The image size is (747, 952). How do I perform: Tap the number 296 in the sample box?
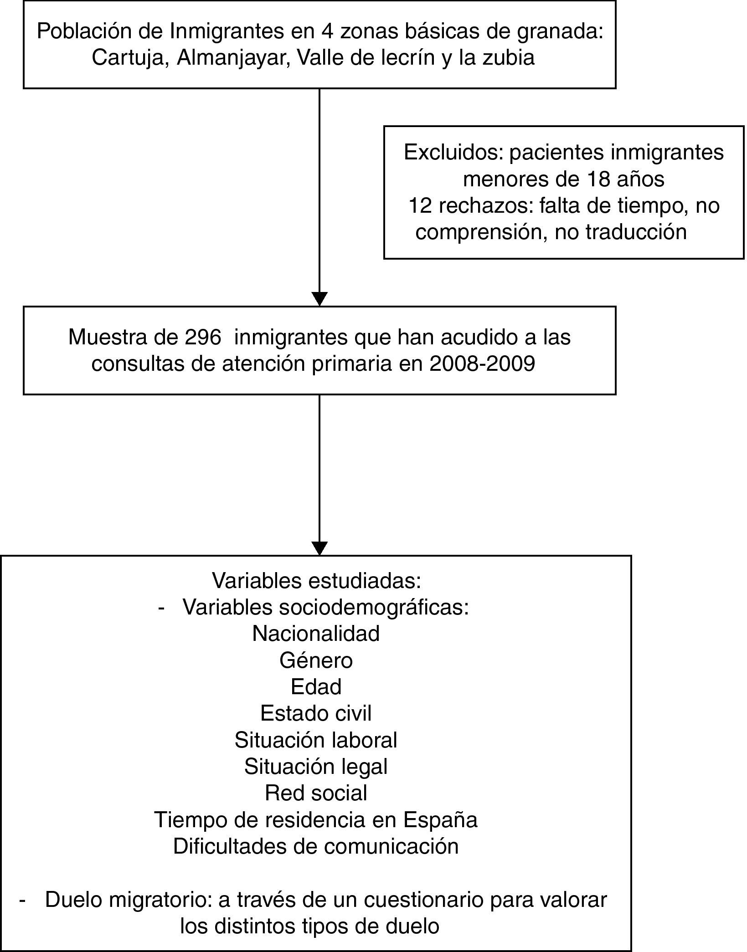click(x=202, y=338)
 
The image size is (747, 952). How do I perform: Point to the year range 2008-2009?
click(x=482, y=364)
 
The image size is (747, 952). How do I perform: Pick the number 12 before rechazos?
click(x=420, y=206)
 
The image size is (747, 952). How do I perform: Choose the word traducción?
click(x=636, y=232)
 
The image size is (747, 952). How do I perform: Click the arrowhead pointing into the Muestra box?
click(x=319, y=298)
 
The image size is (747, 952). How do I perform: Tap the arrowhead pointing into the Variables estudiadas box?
click(x=319, y=548)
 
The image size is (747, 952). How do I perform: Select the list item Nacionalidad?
click(x=316, y=634)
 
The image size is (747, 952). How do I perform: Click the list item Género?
click(x=316, y=660)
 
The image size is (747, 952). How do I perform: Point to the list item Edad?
click(x=316, y=687)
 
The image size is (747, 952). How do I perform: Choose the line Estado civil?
click(x=316, y=713)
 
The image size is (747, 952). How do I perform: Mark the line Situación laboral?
click(x=316, y=740)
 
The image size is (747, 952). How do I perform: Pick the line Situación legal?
click(x=316, y=767)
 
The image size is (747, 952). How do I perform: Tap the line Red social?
click(x=316, y=793)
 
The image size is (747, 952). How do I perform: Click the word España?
click(x=440, y=820)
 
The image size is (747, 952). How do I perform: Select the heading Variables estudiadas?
click(x=316, y=581)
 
